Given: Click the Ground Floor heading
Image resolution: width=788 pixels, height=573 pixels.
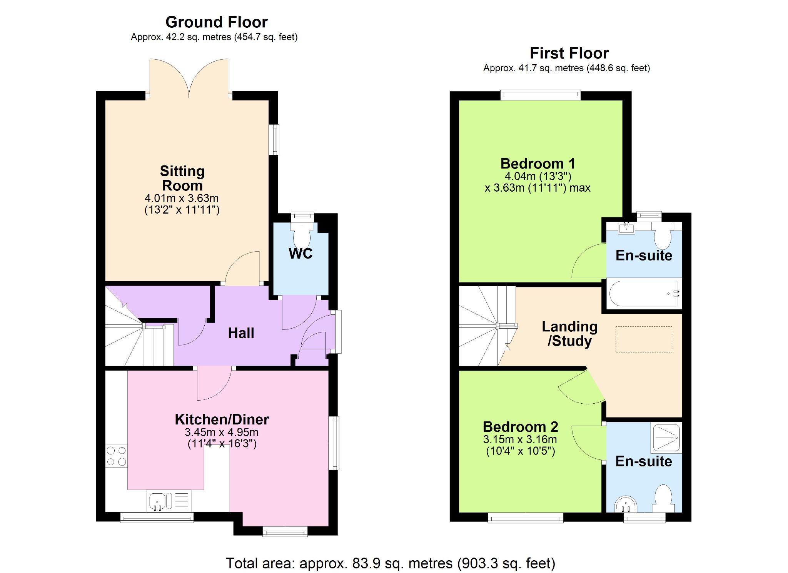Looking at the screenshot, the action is pos(216,22).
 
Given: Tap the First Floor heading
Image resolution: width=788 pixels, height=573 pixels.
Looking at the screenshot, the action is pos(569,53).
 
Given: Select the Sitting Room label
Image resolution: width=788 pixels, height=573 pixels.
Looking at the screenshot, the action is pos(182,178).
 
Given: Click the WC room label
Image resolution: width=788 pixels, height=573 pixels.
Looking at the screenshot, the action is pos(301,254).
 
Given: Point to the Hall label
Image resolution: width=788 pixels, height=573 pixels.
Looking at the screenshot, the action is pos(241,333).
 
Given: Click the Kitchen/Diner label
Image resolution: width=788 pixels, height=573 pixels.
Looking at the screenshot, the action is pos(222,419).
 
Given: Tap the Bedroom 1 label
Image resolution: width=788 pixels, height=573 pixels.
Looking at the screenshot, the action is pos(538,164).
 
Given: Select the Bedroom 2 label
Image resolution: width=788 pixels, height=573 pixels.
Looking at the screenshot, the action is pos(520,427).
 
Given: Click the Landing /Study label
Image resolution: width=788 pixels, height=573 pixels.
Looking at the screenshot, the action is pos(570,334).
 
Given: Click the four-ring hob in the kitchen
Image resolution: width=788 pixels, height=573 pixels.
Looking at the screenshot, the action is pos(116,456).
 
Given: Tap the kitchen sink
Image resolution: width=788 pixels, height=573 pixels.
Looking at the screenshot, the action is pos(169,501).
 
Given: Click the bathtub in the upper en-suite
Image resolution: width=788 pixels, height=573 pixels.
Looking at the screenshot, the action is pos(643,294).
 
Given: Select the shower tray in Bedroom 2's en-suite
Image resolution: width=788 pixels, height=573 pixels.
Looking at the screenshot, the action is pos(666,438).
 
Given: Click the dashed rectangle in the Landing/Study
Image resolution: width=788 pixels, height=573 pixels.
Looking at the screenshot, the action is pos(644,339).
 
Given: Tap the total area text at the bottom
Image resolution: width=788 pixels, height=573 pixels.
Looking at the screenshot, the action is pos(390,563).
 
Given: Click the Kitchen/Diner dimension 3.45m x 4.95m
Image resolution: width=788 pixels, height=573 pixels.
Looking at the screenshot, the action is pos(222,432).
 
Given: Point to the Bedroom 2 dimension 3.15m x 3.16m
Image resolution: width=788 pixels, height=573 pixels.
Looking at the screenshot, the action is pos(520,439).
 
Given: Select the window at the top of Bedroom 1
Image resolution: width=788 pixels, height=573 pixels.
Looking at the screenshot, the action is pos(541,95).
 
